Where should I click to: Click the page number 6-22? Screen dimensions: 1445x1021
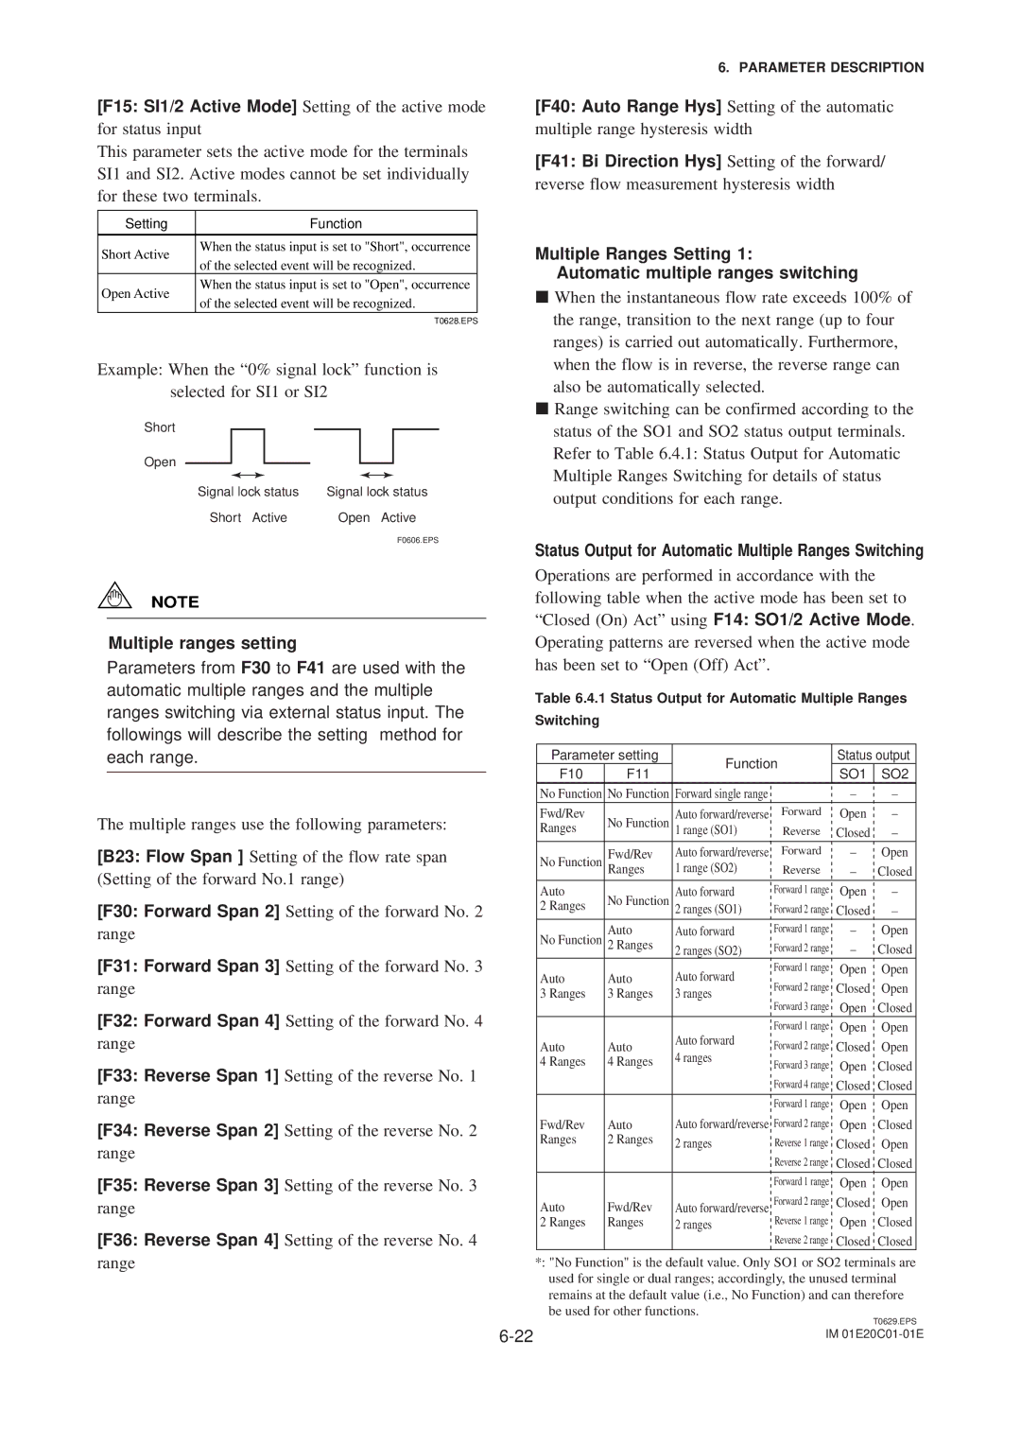516,1335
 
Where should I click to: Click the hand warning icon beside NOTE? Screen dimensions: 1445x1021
114,595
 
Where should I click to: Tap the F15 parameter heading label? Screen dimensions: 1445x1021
197,107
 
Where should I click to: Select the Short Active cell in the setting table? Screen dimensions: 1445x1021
136,254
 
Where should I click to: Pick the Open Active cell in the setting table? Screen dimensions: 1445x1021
136,293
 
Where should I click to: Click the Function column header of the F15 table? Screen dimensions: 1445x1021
336,223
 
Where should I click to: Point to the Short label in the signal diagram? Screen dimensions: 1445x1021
160,427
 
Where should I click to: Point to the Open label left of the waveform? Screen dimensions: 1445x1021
160,462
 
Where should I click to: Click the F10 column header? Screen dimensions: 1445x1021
571,774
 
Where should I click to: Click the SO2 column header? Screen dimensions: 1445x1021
894,774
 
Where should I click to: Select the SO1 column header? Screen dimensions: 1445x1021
853,774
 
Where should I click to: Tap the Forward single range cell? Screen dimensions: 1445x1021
721,794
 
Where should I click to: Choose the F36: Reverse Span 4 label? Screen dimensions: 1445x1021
188,1240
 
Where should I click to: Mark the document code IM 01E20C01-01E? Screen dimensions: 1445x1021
874,1333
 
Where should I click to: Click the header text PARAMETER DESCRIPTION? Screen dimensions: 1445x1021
821,67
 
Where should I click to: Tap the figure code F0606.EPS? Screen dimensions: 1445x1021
418,540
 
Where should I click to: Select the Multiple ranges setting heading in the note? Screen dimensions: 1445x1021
202,643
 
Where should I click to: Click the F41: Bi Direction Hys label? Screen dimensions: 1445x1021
628,162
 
